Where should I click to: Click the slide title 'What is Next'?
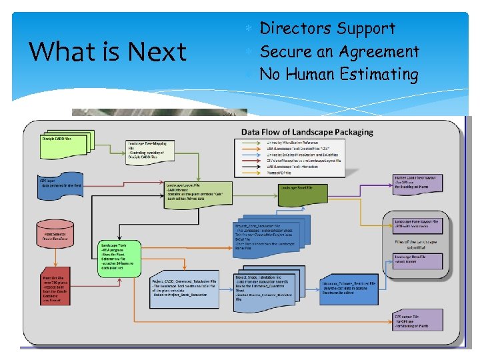click(109, 51)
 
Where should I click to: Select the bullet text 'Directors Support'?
click(327, 29)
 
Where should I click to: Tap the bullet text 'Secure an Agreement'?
click(339, 51)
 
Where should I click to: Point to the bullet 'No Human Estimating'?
click(339, 74)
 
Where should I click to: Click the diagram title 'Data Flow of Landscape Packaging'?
click(307, 132)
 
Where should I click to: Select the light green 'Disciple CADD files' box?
click(59, 141)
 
